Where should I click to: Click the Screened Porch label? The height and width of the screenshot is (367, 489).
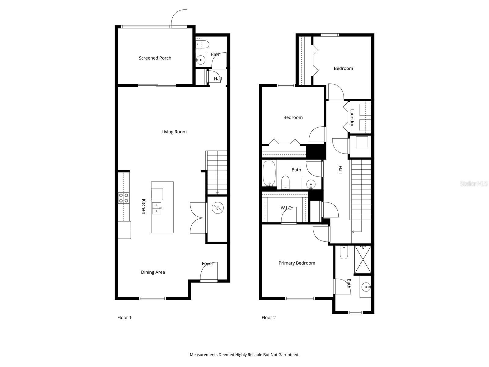pyautogui.click(x=155, y=58)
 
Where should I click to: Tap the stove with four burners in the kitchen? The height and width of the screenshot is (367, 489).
pyautogui.click(x=124, y=198)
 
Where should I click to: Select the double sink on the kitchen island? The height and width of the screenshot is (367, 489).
pyautogui.click(x=157, y=208)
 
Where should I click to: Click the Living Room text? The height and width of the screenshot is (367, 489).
pyautogui.click(x=174, y=132)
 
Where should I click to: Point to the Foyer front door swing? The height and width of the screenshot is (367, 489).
pyautogui.click(x=209, y=272)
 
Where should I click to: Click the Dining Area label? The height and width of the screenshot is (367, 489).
pyautogui.click(x=153, y=272)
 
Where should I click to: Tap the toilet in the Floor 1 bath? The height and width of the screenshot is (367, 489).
pyautogui.click(x=202, y=45)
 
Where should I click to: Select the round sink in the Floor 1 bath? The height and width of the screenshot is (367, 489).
pyautogui.click(x=201, y=60)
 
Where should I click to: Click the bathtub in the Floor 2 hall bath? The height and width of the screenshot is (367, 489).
pyautogui.click(x=269, y=173)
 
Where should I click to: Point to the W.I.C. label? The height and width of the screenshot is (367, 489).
pyautogui.click(x=286, y=208)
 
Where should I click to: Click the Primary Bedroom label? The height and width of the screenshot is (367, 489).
pyautogui.click(x=297, y=263)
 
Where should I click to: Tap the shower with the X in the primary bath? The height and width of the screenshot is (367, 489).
pyautogui.click(x=363, y=259)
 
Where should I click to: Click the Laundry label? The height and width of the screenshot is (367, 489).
pyautogui.click(x=352, y=118)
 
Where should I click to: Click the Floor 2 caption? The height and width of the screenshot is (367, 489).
pyautogui.click(x=269, y=317)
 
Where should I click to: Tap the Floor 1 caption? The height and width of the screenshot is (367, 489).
pyautogui.click(x=124, y=317)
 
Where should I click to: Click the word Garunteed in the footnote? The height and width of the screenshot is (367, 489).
pyautogui.click(x=289, y=355)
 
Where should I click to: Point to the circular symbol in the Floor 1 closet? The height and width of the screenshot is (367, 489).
pyautogui.click(x=218, y=208)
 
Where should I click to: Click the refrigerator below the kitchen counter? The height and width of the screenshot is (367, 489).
pyautogui.click(x=124, y=230)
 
